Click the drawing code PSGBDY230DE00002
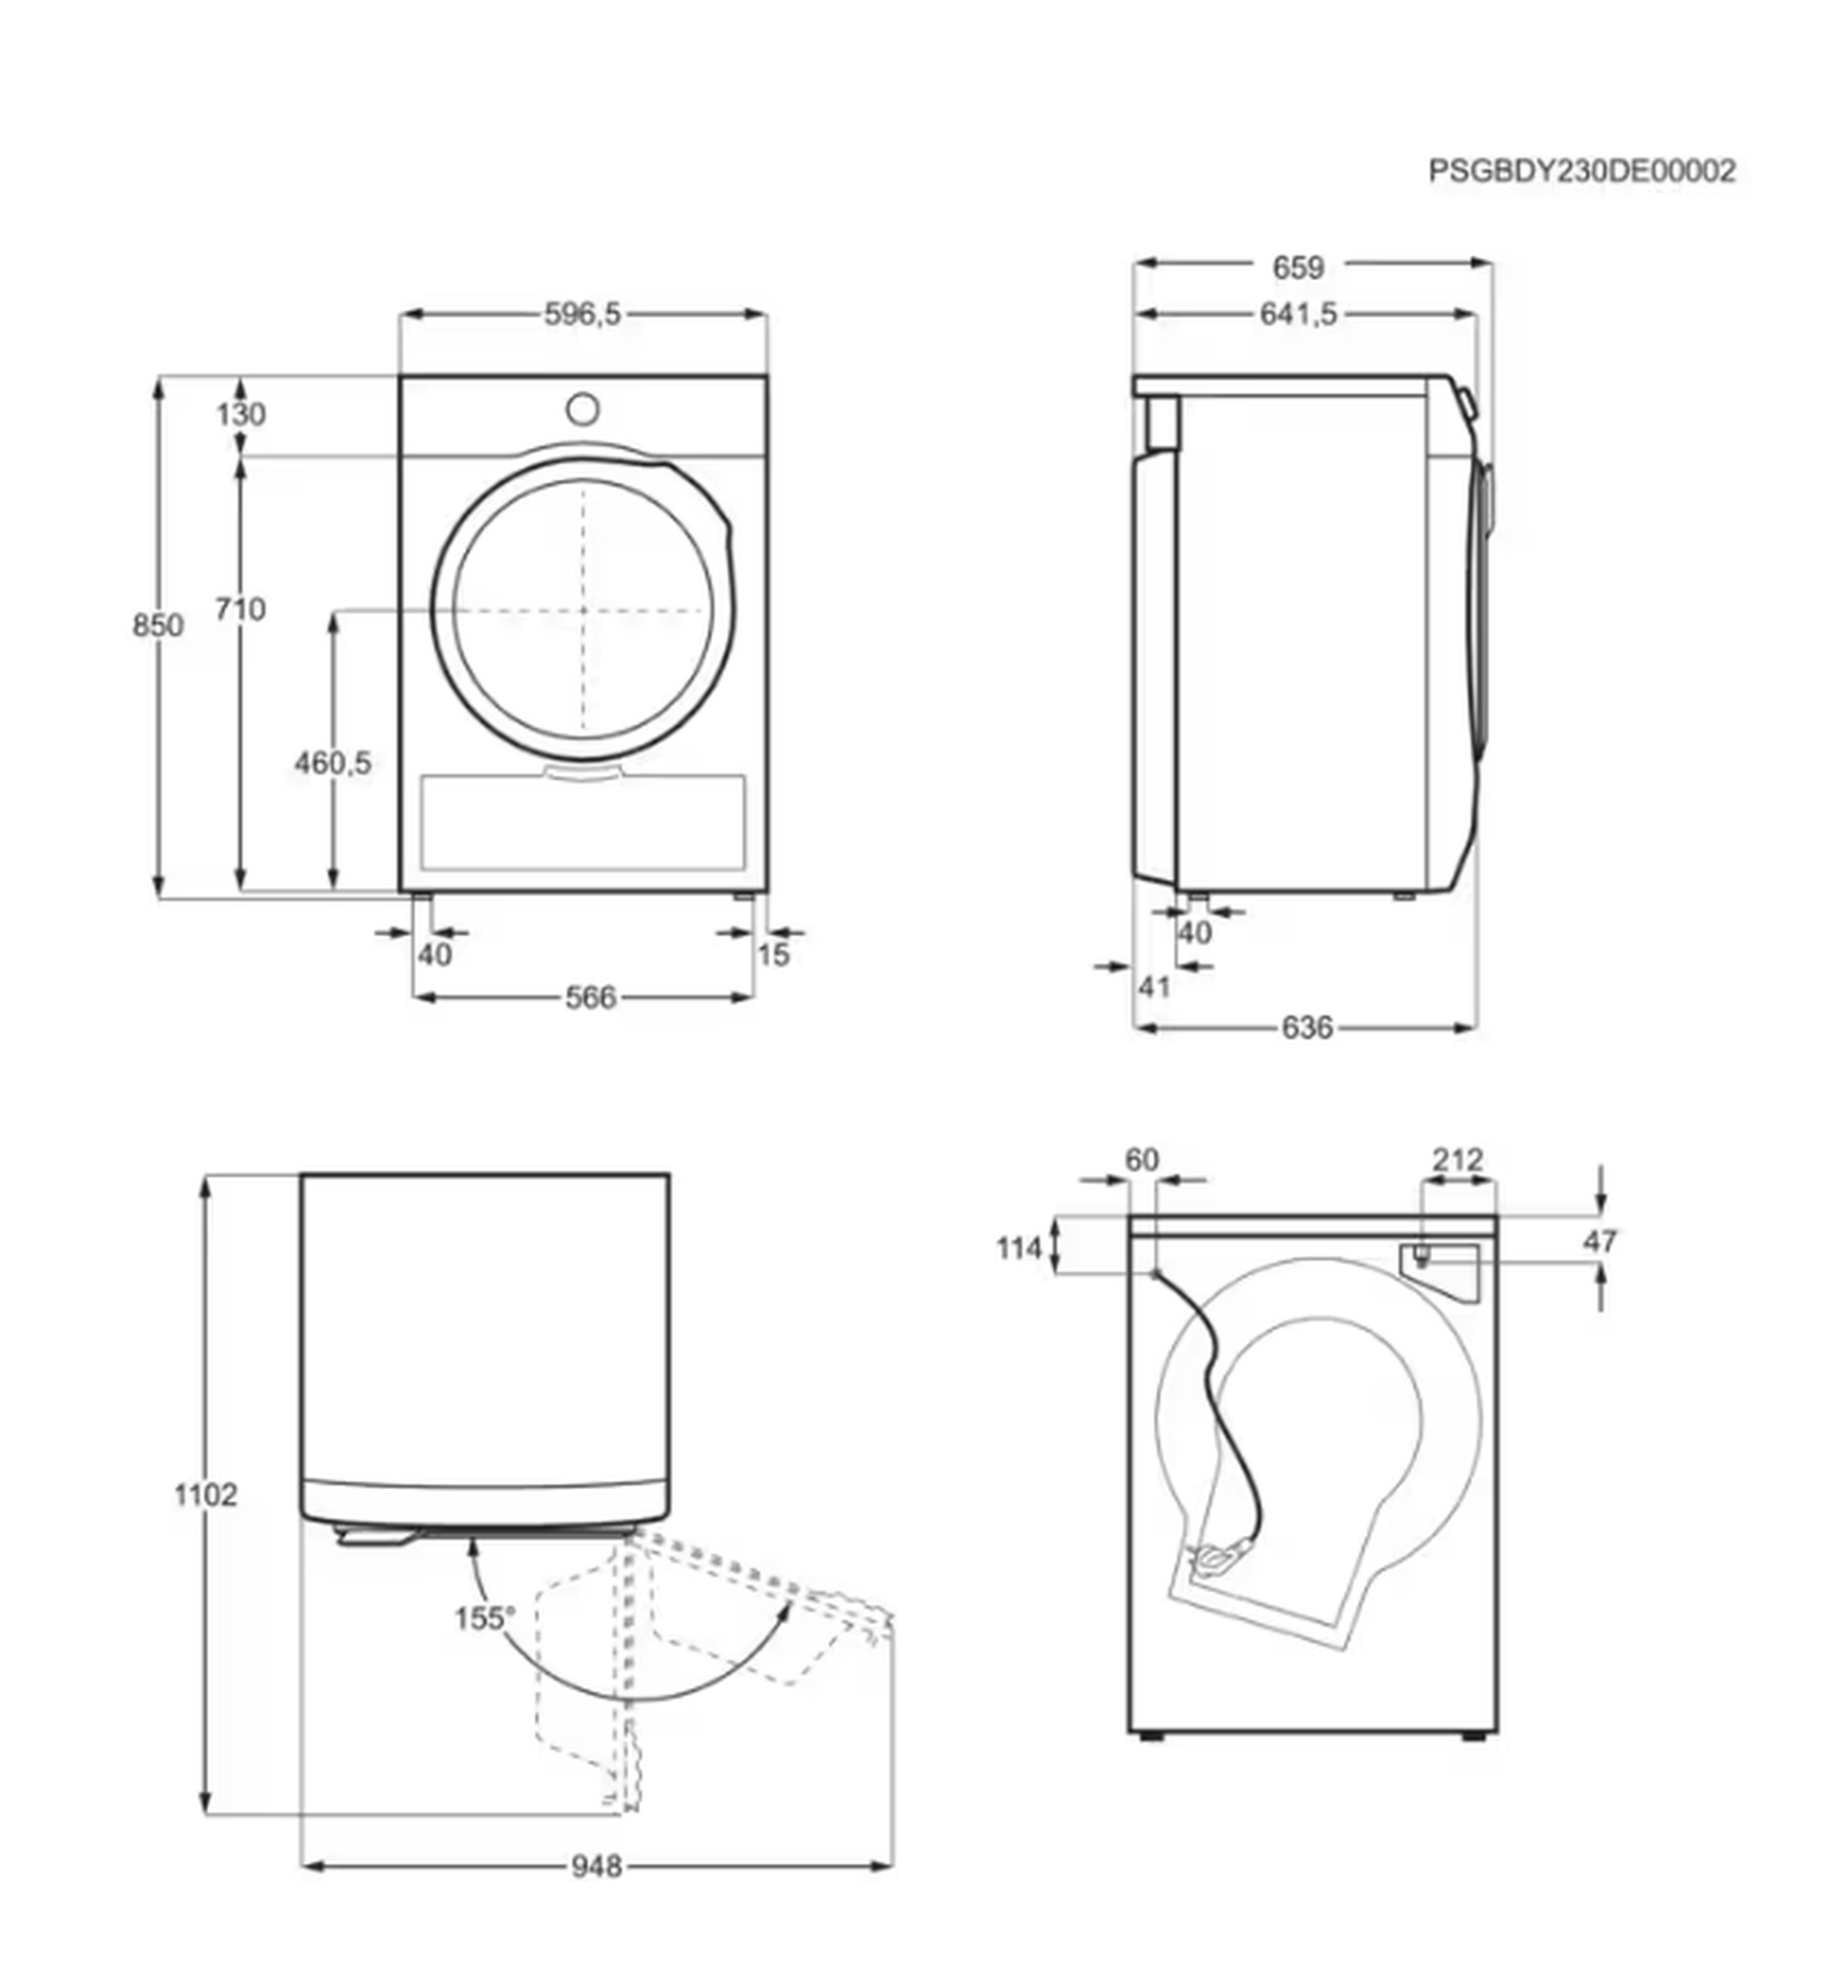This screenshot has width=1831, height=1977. click(x=1582, y=171)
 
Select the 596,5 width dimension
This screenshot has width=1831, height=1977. click(x=582, y=314)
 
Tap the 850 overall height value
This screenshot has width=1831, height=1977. click(x=158, y=625)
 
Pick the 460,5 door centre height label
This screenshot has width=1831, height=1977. click(x=333, y=762)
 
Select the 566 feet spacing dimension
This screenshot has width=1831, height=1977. click(x=590, y=998)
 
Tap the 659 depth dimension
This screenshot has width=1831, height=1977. click(x=1298, y=267)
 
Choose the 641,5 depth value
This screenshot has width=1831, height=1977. click(x=1298, y=314)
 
